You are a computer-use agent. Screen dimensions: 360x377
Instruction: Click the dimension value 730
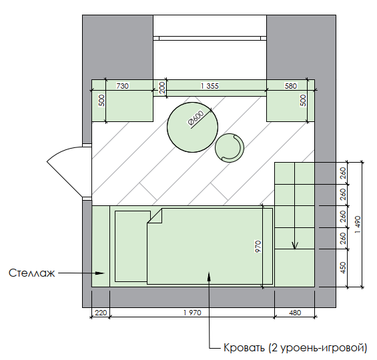(123, 86)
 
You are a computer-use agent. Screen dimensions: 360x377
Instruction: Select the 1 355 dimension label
(210, 86)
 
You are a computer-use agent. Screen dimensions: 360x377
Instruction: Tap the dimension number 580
(290, 86)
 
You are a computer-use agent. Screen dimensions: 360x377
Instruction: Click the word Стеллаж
(32, 273)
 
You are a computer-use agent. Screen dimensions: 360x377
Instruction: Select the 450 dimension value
(343, 268)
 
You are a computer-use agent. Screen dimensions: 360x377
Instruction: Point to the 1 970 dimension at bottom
(192, 311)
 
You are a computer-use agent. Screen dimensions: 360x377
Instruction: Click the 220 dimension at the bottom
(100, 311)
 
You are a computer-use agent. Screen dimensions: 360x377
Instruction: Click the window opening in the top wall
(210, 37)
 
